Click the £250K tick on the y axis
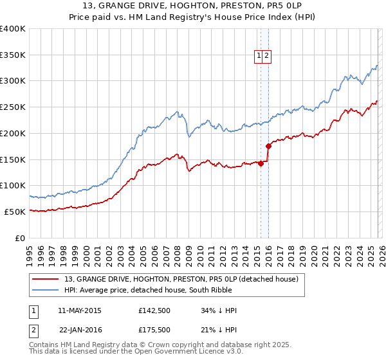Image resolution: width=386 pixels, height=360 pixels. [x=13, y=107]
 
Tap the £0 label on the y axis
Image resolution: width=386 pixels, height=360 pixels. [x=21, y=238]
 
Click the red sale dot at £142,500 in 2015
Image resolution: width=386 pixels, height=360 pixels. [x=261, y=163]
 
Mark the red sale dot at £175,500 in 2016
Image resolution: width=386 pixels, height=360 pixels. [x=268, y=146]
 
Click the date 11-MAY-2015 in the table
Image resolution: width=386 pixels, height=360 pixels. [x=80, y=310]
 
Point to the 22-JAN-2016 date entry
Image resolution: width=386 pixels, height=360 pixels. [x=80, y=328]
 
